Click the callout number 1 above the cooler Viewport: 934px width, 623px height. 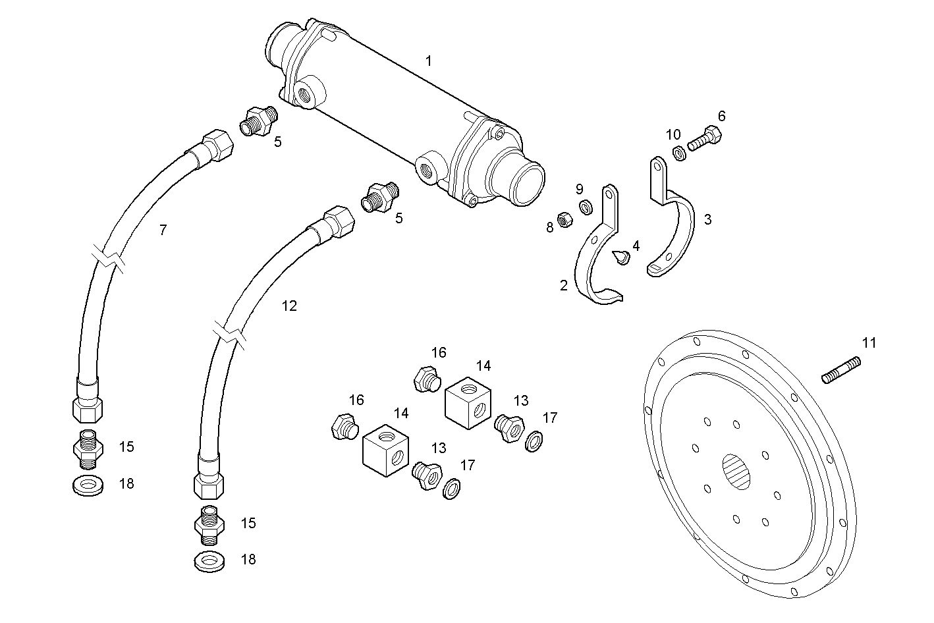[x=429, y=61]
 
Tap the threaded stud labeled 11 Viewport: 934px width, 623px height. [x=841, y=369]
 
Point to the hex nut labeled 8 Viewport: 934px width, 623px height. [x=564, y=219]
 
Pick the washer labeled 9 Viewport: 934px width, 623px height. [x=585, y=208]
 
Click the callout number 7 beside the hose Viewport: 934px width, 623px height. [x=163, y=230]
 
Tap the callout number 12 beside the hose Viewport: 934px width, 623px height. [x=289, y=306]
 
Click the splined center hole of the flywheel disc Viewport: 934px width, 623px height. [x=736, y=471]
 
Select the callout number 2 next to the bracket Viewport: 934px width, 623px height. [x=563, y=285]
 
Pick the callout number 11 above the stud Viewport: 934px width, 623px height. [x=869, y=342]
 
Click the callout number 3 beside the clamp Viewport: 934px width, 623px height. [x=707, y=219]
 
